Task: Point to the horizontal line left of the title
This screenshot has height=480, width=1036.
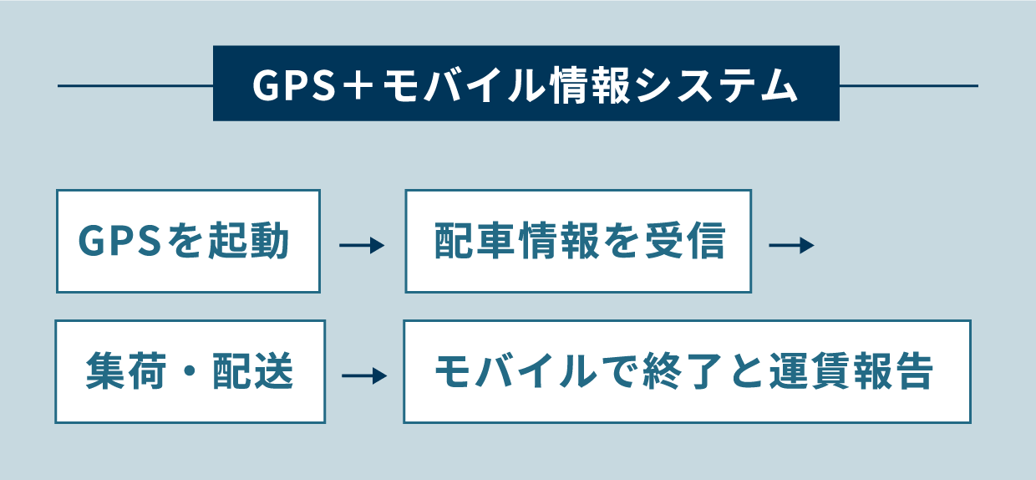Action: [135, 85]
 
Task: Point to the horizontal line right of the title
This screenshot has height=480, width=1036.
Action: [908, 85]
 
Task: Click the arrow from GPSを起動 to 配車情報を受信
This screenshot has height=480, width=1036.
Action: [362, 246]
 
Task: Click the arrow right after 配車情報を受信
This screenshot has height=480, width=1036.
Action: [790, 246]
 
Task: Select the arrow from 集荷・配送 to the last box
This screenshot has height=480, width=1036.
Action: [364, 376]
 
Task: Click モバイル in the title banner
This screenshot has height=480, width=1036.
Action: [465, 85]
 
